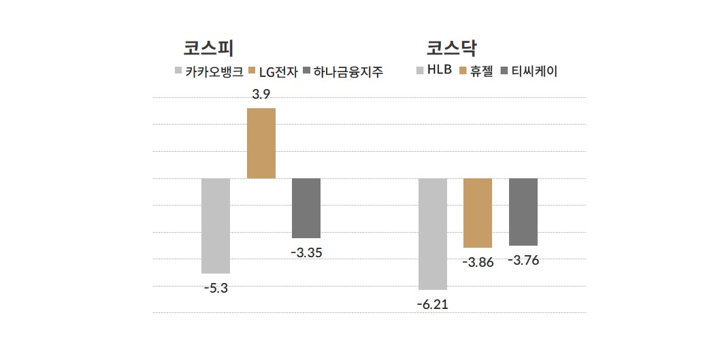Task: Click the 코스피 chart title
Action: [x=208, y=48]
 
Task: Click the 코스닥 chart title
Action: [x=452, y=48]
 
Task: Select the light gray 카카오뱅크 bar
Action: [x=216, y=225]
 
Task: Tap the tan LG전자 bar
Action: [x=261, y=143]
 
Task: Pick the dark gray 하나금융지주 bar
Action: [x=306, y=208]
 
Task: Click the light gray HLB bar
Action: [x=433, y=233]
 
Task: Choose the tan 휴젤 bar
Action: [x=478, y=212]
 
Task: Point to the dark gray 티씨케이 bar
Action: [x=523, y=212]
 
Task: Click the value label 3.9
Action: [x=261, y=95]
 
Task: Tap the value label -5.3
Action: [x=216, y=287]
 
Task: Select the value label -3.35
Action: [x=306, y=252]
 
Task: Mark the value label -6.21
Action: [x=433, y=304]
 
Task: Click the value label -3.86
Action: [x=478, y=262]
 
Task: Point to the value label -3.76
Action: [x=523, y=260]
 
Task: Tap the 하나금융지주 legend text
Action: [x=348, y=71]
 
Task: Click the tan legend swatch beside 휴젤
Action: [x=464, y=70]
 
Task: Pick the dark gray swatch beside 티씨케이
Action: [x=504, y=70]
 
